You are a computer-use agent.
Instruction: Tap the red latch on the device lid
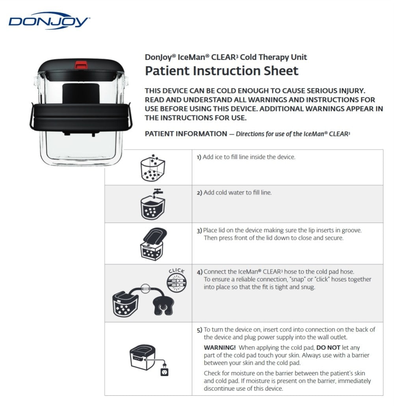(82, 64)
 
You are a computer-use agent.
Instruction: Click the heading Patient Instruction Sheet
(221, 71)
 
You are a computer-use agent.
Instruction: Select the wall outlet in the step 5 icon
(164, 371)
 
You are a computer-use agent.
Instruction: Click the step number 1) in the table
(199, 157)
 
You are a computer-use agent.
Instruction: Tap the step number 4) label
(200, 272)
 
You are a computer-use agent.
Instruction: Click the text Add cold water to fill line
(237, 193)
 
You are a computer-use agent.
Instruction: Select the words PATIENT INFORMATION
(186, 134)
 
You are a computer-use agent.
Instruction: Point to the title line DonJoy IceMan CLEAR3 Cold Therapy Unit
(226, 57)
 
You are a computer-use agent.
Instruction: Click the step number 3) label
(200, 230)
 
